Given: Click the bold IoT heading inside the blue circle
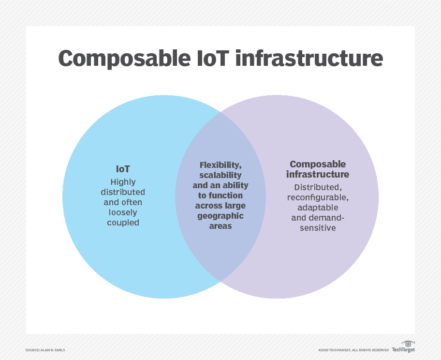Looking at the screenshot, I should [x=123, y=169].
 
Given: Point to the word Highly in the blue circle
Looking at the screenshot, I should [x=123, y=182].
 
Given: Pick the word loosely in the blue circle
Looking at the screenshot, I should [x=123, y=212].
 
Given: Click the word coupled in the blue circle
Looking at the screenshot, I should [x=123, y=223].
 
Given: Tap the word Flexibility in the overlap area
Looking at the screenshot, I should [x=220, y=165].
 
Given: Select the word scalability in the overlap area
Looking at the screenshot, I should [x=220, y=175].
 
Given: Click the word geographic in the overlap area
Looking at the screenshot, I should [x=220, y=216].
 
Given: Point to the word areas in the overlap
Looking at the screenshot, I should [x=220, y=226].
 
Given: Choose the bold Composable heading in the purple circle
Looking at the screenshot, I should [x=318, y=164].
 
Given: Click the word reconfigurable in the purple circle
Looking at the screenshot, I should [x=318, y=197].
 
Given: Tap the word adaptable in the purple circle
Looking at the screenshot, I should [x=318, y=208].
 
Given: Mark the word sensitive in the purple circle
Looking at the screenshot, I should [x=318, y=228].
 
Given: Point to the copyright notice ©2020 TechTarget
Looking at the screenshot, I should [x=353, y=350].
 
